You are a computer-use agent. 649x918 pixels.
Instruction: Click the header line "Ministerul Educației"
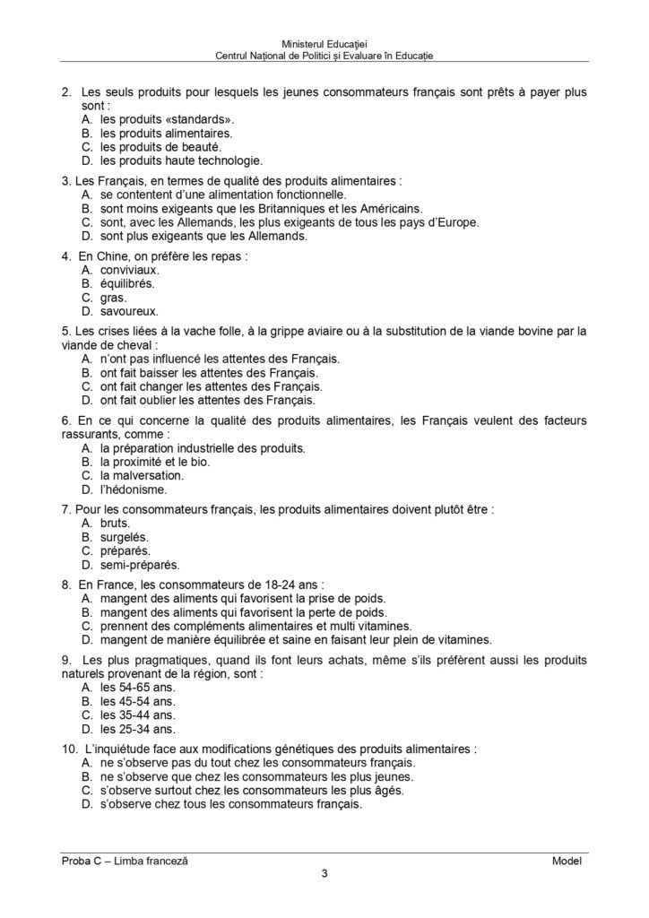point(324,42)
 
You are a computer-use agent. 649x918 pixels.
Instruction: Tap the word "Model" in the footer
point(567,861)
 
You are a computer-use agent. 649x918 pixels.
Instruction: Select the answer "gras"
point(113,298)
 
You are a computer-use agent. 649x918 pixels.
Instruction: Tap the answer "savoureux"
point(129,312)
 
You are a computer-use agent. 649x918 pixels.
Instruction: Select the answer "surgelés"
point(125,536)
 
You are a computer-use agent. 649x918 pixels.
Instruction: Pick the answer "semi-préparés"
point(139,565)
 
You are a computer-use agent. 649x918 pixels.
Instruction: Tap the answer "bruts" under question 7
point(116,522)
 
